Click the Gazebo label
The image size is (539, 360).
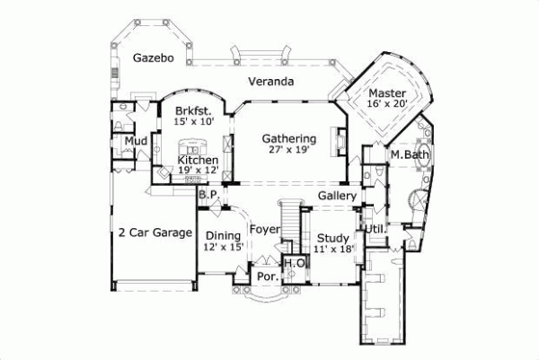(x=152, y=57)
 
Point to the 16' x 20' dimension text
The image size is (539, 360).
(x=388, y=104)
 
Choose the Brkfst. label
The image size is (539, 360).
(x=193, y=111)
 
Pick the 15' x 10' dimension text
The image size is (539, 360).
(x=193, y=122)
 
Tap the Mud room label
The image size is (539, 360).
(x=136, y=142)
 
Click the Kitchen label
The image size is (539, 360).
(x=198, y=160)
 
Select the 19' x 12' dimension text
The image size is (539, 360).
(x=198, y=171)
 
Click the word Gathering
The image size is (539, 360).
(x=288, y=139)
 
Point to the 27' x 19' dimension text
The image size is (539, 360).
(x=288, y=151)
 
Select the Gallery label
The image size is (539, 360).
(x=338, y=196)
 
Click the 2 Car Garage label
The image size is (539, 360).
(x=155, y=233)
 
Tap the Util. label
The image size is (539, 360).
(x=376, y=229)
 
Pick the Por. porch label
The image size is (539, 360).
(x=267, y=277)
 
